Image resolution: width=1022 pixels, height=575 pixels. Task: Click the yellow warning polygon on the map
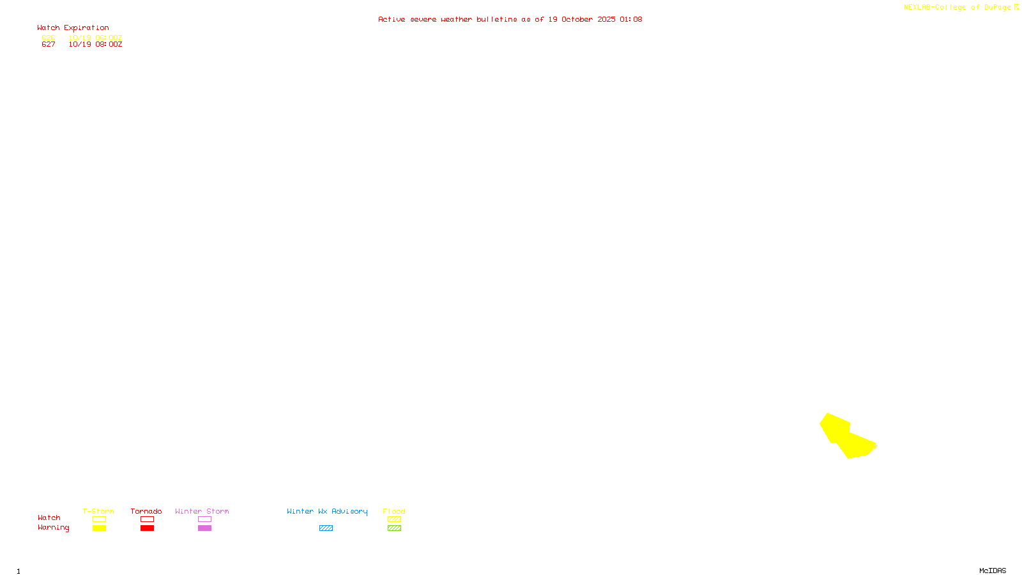coord(846,437)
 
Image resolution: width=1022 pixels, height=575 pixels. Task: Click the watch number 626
coord(49,38)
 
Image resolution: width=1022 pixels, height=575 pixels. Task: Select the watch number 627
coord(49,45)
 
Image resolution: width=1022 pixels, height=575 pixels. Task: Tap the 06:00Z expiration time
coord(109,38)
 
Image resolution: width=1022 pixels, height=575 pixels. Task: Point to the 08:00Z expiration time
coord(109,45)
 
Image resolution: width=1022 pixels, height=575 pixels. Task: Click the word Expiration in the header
coord(86,28)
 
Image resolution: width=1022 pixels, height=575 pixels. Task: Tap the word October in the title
coord(577,19)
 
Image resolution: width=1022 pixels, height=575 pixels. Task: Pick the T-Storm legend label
coord(98,511)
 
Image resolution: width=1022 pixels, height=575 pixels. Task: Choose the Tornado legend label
coord(146,511)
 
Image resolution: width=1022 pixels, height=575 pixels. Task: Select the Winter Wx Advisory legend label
coord(327,511)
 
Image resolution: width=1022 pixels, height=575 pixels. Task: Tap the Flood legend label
coord(394,511)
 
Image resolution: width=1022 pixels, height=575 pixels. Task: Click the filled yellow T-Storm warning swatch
coord(99,528)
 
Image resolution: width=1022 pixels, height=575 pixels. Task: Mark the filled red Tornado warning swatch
coord(148,528)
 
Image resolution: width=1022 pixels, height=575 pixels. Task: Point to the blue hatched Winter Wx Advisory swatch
coord(326,528)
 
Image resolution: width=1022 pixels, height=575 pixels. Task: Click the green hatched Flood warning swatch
coord(394,528)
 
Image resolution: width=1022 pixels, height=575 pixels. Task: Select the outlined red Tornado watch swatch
coord(148,519)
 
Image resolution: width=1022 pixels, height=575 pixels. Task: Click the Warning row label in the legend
coord(53,528)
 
